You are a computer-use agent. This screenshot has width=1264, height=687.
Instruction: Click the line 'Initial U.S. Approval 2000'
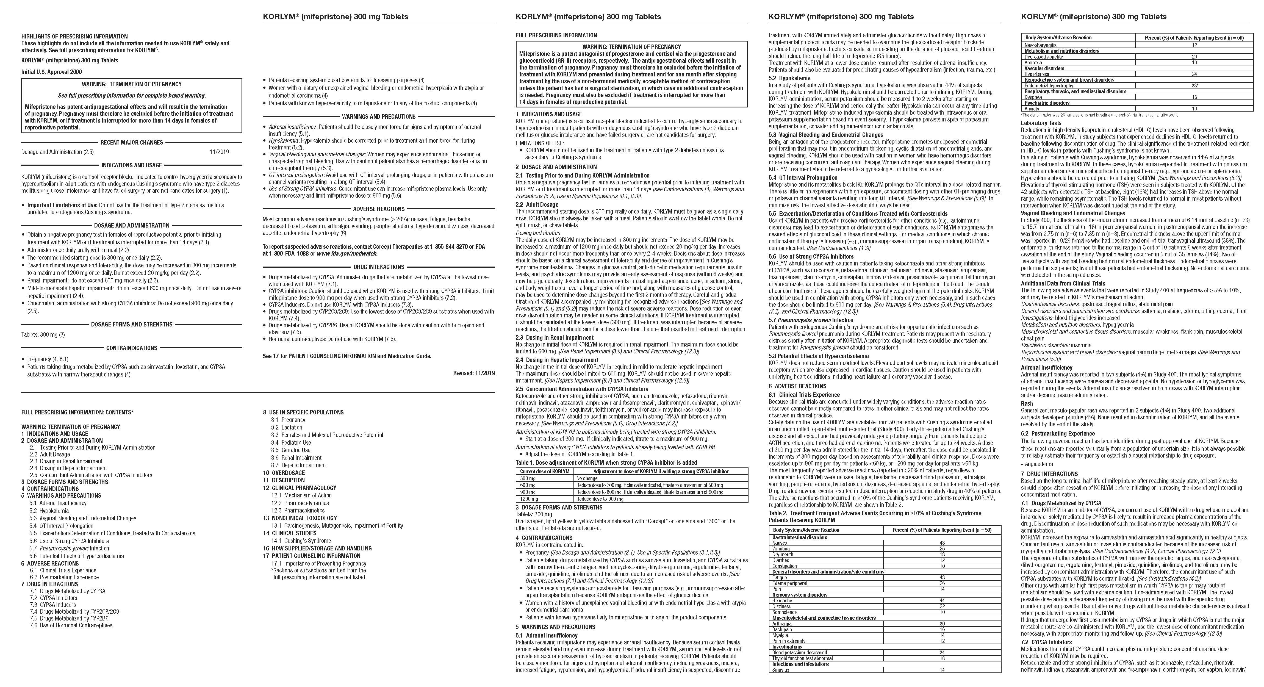pyautogui.click(x=52, y=72)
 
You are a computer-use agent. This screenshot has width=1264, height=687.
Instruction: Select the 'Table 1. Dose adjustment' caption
pyautogui.click(x=606, y=462)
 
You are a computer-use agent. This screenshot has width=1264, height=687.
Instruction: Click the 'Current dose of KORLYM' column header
pyautogui.click(x=545, y=471)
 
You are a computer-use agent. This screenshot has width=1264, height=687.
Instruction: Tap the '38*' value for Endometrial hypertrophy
pyautogui.click(x=1194, y=85)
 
